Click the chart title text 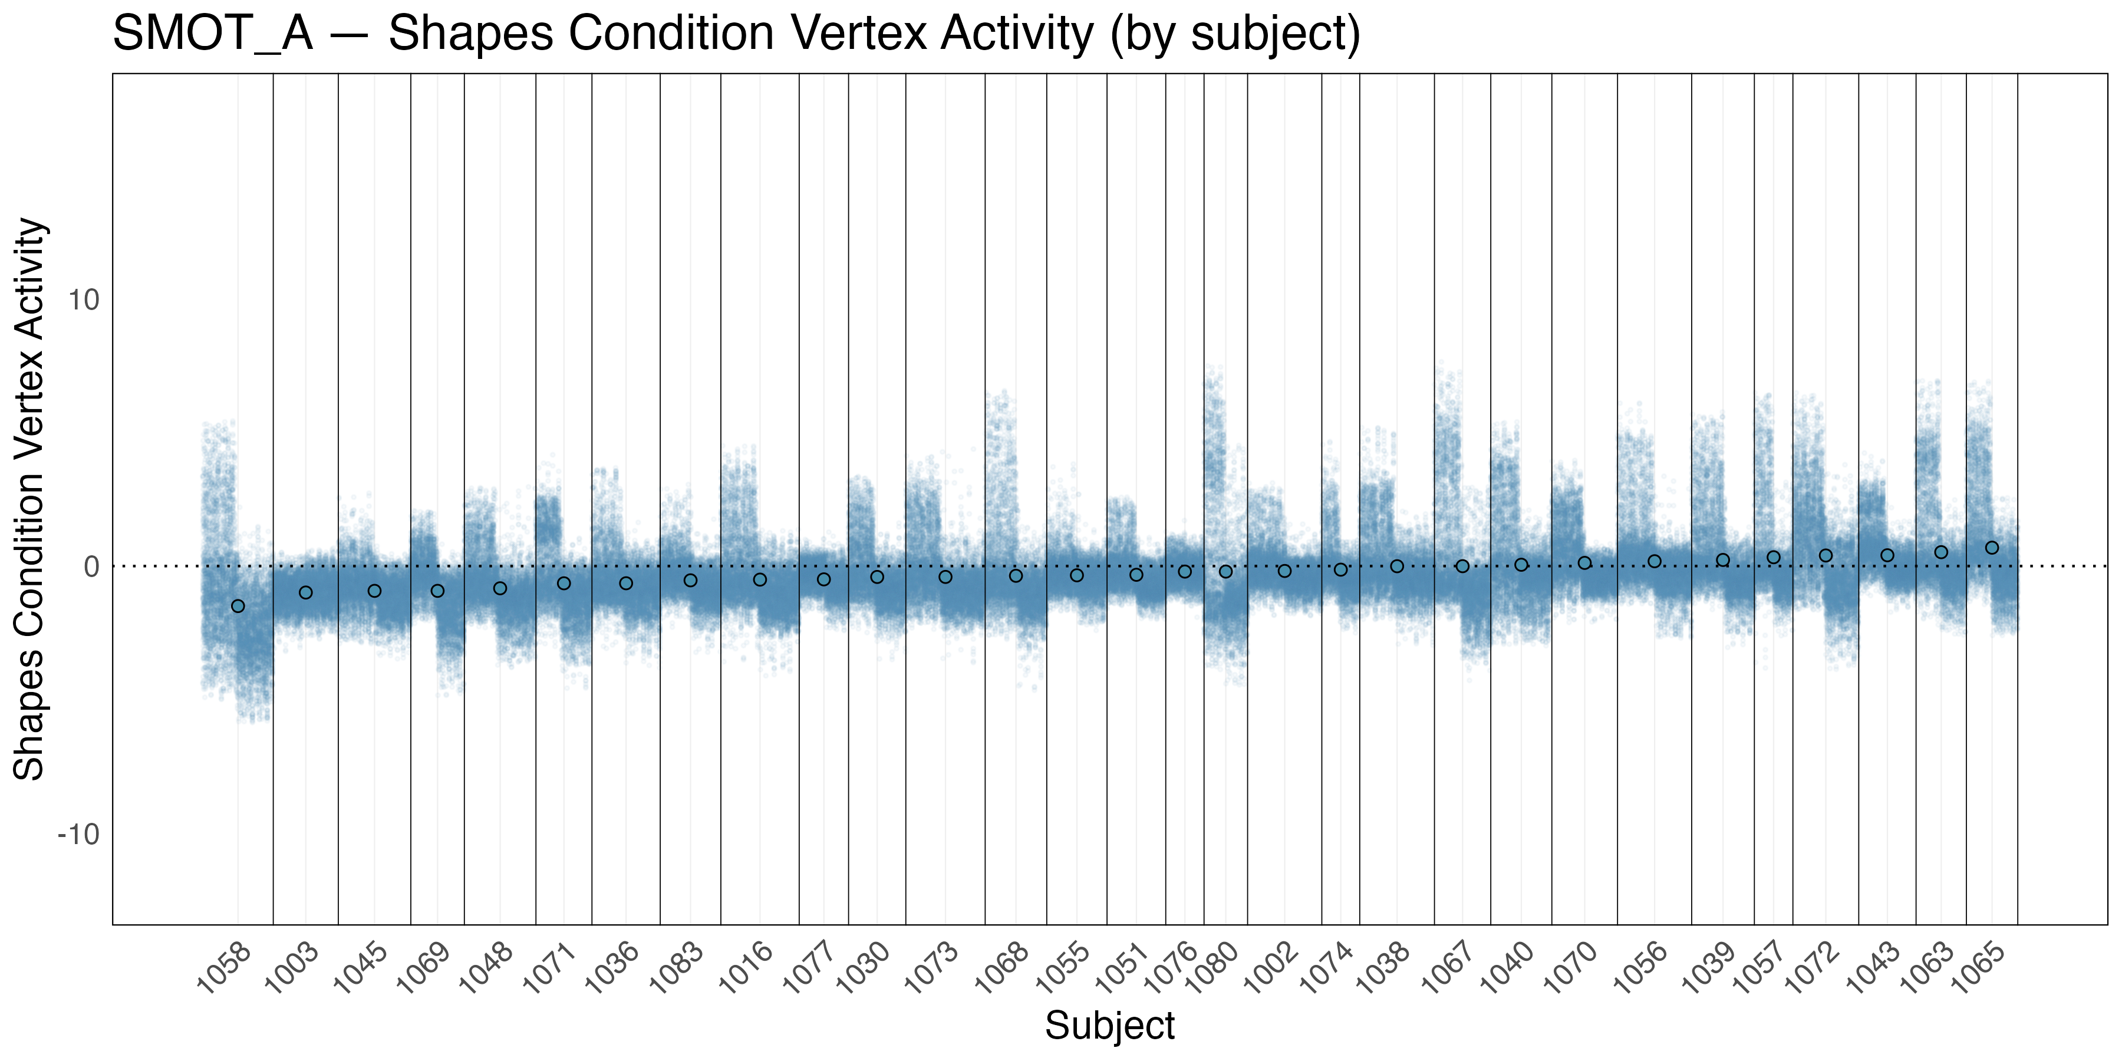pyautogui.click(x=736, y=35)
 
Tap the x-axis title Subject pyautogui.click(x=1109, y=1026)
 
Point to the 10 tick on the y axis pyautogui.click(x=83, y=300)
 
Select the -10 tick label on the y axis pyautogui.click(x=78, y=835)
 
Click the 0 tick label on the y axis pyautogui.click(x=91, y=566)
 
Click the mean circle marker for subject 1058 pyautogui.click(x=238, y=607)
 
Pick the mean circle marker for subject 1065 pyautogui.click(x=1992, y=548)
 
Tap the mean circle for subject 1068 pyautogui.click(x=1016, y=576)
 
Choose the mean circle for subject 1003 pyautogui.click(x=305, y=592)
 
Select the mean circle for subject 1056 pyautogui.click(x=1654, y=562)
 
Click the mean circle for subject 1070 pyautogui.click(x=1584, y=564)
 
